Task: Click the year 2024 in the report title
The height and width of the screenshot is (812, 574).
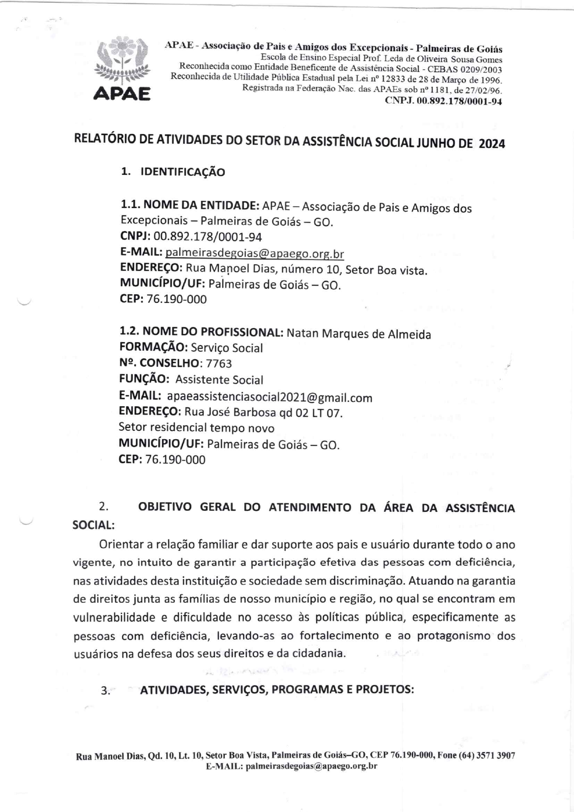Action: (492, 144)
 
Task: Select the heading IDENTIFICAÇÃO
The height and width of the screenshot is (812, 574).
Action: (182, 172)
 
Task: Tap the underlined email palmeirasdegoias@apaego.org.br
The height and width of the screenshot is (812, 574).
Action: (255, 254)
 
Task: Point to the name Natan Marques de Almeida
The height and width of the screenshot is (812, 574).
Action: (359, 334)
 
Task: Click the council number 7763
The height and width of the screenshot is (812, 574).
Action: (219, 364)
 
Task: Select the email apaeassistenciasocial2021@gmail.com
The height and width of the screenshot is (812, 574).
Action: (269, 397)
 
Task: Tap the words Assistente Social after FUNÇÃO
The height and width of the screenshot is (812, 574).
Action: (219, 380)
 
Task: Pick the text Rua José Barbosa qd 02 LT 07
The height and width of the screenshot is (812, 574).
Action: (263, 412)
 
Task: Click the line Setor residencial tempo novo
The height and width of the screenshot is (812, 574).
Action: (196, 428)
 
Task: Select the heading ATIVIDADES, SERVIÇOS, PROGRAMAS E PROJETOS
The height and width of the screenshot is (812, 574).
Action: (277, 690)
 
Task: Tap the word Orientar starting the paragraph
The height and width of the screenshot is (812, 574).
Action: (121, 545)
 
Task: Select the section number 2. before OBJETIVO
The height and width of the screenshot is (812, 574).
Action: (104, 507)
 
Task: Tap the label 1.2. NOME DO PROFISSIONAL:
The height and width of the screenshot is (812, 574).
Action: (201, 332)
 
